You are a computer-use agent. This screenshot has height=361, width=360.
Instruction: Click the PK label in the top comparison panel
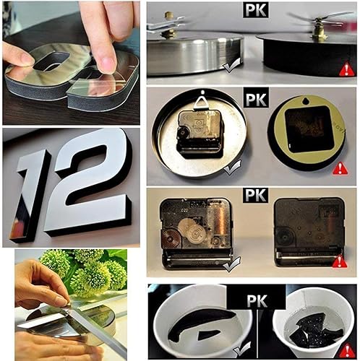(x=254, y=10)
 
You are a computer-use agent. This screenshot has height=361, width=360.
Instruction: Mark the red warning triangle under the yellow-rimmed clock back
(x=340, y=168)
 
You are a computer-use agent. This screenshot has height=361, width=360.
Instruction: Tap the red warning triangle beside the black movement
(x=340, y=260)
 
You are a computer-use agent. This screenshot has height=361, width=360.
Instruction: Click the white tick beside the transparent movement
(x=231, y=266)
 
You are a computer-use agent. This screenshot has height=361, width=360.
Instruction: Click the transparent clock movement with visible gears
(x=194, y=228)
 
